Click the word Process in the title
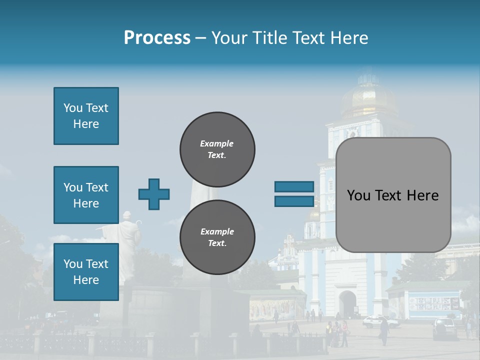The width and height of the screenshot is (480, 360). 157,38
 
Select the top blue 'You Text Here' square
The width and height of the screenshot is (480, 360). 86,116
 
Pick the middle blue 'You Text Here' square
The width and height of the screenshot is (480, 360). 86,195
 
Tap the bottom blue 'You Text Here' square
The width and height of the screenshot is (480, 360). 86,272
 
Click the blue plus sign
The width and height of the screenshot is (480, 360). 154,194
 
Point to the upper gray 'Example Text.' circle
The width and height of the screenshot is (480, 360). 217,149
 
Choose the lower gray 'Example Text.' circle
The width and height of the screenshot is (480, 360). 217,237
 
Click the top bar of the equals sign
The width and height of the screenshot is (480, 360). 294,187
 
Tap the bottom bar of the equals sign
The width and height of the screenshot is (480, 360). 294,201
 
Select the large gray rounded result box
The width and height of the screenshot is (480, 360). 393,195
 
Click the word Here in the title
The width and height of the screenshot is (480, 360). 348,38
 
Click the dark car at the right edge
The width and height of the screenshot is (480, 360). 444,328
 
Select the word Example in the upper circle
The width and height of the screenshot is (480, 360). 217,143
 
